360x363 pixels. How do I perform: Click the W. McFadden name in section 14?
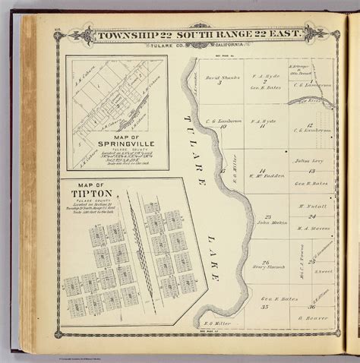click(267, 175)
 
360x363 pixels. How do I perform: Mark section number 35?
click(266, 308)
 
